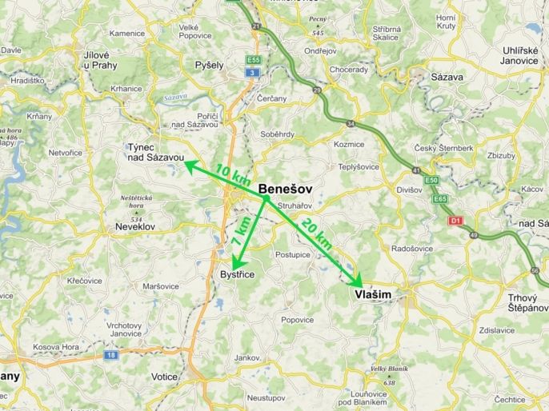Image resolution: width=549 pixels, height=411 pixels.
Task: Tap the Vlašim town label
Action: pos(374,295)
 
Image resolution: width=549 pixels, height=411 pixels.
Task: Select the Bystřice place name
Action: pos(237,275)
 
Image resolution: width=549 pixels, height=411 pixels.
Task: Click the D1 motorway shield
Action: pos(456,220)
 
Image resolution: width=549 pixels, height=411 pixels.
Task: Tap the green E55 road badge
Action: pos(254,59)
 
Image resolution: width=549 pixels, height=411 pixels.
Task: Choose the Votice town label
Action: pos(165,377)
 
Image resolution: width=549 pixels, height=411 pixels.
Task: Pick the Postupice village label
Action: pos(292,254)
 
